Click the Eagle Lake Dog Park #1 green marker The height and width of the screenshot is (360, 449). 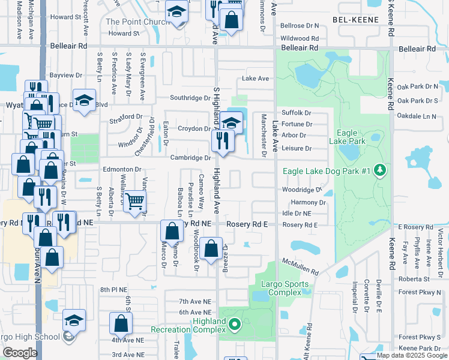tap(379, 171)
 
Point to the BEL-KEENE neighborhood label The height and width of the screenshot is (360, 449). tap(357, 20)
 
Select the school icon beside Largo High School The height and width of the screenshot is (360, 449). tap(74, 320)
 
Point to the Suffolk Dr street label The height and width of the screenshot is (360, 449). tap(297, 112)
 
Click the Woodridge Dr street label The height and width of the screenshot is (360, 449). tap(303, 190)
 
